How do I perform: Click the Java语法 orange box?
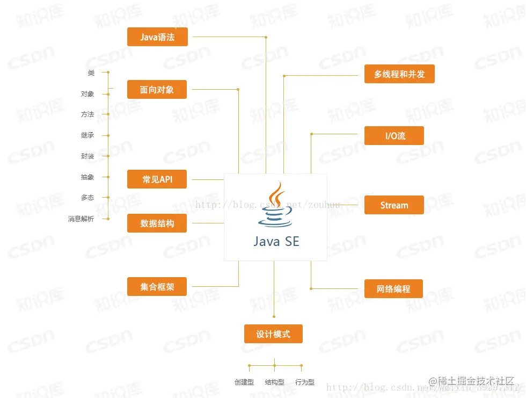(x=157, y=37)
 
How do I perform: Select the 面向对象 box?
(x=157, y=90)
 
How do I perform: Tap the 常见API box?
(x=157, y=179)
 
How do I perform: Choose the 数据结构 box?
(x=157, y=223)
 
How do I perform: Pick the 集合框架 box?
(x=157, y=287)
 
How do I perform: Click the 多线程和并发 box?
(x=399, y=74)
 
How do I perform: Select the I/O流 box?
(x=394, y=136)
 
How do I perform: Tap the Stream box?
(x=394, y=205)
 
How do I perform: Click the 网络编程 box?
(x=394, y=289)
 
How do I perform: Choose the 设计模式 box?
(x=273, y=334)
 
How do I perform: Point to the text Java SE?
(x=276, y=242)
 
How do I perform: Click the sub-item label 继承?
(x=87, y=135)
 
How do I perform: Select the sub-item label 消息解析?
(x=81, y=219)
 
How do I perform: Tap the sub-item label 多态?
(x=87, y=198)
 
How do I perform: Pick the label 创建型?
(x=244, y=382)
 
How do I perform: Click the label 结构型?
(x=274, y=382)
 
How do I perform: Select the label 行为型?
(x=305, y=382)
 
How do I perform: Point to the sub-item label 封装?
(x=87, y=156)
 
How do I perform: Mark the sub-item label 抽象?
(x=87, y=177)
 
